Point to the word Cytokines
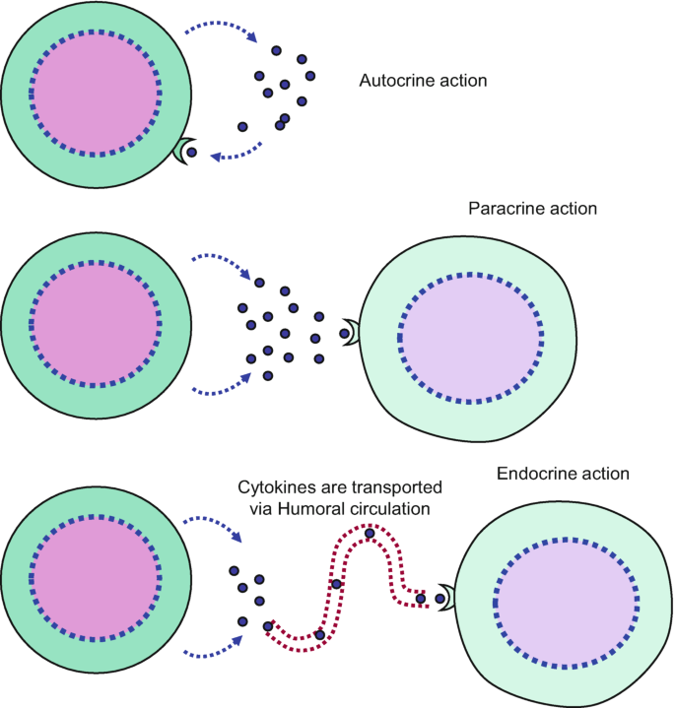pyautogui.click(x=275, y=487)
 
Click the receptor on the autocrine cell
pyautogui.click(x=181, y=152)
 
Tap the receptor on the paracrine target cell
pyautogui.click(x=353, y=333)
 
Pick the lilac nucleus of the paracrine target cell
pyautogui.click(x=471, y=337)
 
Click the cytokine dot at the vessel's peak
pyautogui.click(x=369, y=534)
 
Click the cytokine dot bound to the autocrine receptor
pyautogui.click(x=191, y=153)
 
